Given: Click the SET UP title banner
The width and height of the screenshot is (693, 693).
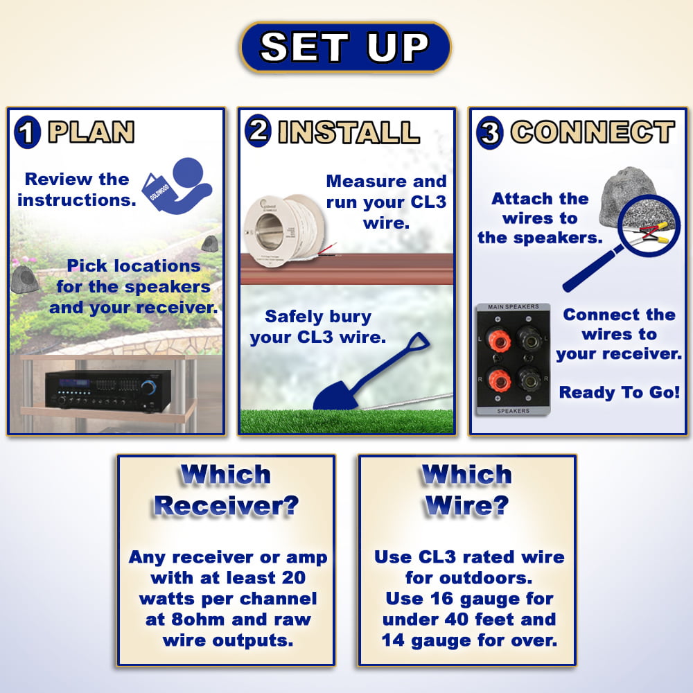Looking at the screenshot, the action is [x=345, y=47].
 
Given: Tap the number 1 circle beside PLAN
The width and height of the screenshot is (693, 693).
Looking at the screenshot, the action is [x=28, y=132].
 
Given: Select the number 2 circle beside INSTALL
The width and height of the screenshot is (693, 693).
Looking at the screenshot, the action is [x=258, y=130].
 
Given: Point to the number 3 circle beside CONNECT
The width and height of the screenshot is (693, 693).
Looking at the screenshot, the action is [x=490, y=132].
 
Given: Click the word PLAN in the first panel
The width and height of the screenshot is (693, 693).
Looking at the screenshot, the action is [x=91, y=132].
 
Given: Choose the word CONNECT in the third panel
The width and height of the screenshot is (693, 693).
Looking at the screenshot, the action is [x=593, y=132].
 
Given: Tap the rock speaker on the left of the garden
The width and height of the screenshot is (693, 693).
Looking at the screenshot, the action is [x=25, y=280].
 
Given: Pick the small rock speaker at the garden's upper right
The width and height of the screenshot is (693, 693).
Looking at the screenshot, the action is [x=209, y=244].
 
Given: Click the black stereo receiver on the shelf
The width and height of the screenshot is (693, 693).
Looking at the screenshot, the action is [x=108, y=389].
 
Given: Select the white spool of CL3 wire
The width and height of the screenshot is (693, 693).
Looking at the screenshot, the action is [x=286, y=231].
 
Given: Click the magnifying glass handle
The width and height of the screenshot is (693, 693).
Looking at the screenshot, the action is [x=593, y=269].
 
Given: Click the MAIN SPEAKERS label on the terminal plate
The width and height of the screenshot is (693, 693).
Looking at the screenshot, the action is [x=513, y=307].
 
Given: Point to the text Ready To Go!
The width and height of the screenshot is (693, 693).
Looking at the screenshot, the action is [x=619, y=392].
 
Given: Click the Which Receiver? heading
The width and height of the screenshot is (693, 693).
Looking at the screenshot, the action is [x=226, y=490].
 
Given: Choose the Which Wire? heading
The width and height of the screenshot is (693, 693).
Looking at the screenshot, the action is [x=466, y=490].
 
